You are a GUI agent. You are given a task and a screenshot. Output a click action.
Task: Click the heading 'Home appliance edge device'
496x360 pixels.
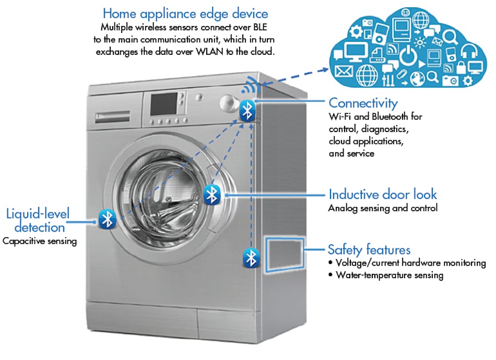[x=185, y=13]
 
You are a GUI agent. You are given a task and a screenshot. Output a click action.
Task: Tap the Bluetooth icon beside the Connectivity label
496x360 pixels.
[x=247, y=111]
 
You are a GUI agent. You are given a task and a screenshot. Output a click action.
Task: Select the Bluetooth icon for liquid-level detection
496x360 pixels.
[x=107, y=219]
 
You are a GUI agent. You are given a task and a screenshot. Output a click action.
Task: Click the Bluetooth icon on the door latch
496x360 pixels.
[x=211, y=195]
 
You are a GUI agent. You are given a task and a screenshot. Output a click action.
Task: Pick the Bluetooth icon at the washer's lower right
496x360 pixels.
[x=252, y=258]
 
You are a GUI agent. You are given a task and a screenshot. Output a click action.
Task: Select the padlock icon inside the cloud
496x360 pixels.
[x=461, y=67]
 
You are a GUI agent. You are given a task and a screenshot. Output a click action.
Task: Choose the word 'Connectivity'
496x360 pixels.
[x=363, y=103]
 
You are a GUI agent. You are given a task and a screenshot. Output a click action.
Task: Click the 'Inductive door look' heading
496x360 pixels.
[x=382, y=195]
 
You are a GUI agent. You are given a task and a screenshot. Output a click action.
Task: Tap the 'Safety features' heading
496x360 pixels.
[x=369, y=249]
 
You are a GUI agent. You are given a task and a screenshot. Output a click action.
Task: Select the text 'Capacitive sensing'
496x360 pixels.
[x=40, y=241]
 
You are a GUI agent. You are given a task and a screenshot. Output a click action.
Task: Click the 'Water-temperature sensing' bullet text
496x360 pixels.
[x=389, y=275]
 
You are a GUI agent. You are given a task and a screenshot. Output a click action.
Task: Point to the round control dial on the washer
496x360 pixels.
[x=229, y=103]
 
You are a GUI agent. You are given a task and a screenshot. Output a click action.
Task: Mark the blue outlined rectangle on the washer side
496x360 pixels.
[x=285, y=254]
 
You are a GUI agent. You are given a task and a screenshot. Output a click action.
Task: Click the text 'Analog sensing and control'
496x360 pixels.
[x=382, y=208]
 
